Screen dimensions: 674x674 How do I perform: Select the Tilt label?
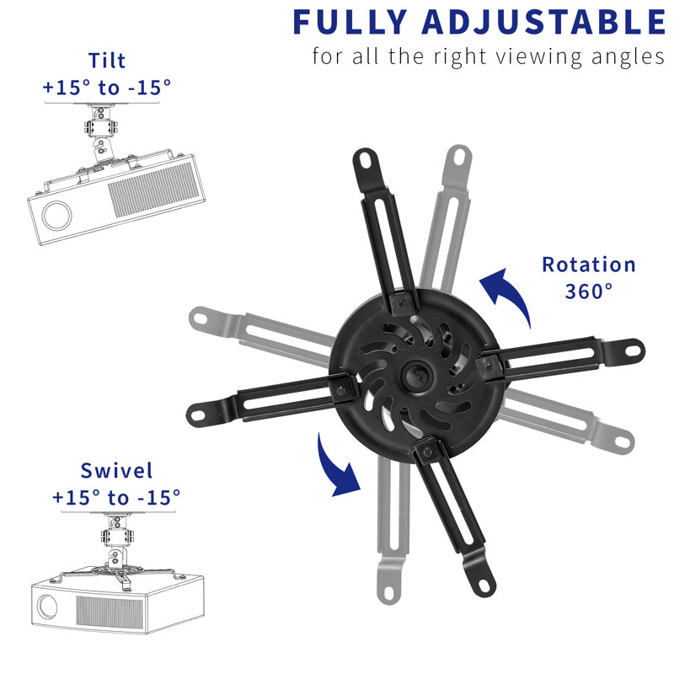108,62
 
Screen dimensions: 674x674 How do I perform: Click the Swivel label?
116,471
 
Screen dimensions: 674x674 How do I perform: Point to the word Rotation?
588,265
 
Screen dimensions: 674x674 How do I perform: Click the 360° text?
589,292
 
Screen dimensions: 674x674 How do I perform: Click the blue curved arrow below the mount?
337,463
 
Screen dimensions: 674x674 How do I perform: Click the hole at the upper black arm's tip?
363,158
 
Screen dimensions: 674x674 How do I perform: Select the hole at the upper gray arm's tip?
460,156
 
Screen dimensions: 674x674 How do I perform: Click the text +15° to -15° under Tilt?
107,86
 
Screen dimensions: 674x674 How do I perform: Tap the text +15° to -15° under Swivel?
116,497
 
